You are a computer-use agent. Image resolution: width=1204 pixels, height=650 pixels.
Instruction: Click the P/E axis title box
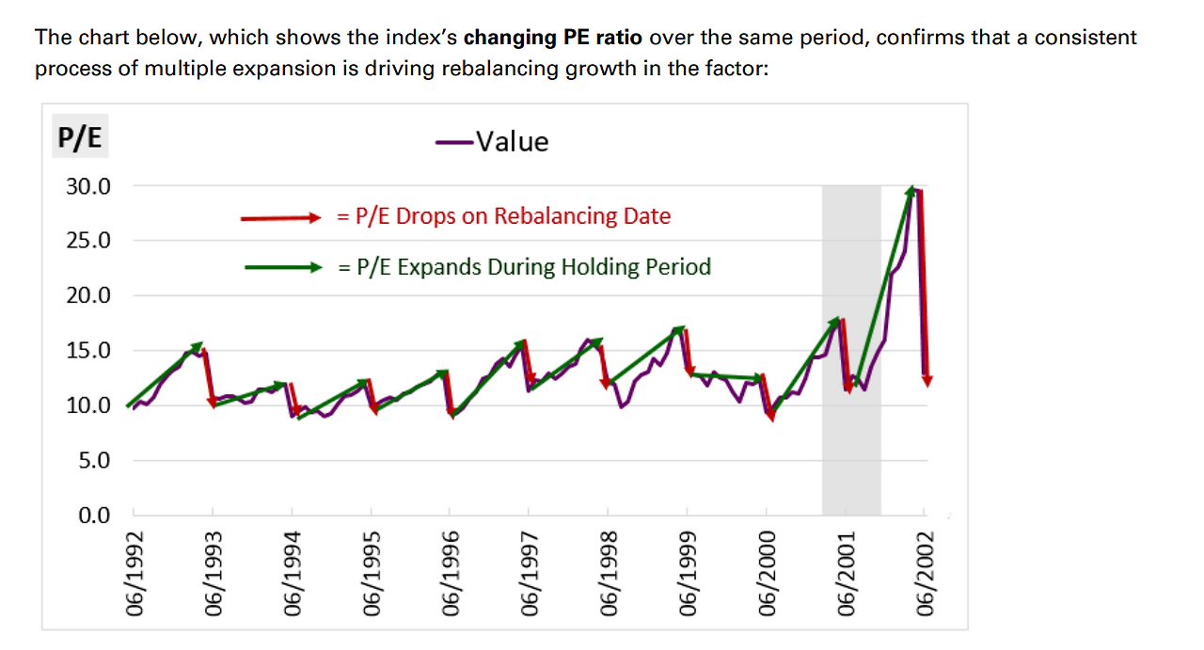80,139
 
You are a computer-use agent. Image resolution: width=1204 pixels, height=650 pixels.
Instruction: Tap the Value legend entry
493,141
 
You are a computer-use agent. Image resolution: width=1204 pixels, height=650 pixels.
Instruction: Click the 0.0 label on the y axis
95,515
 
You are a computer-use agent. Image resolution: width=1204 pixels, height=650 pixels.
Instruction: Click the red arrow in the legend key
281,217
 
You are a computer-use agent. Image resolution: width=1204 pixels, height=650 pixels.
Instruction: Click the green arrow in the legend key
281,268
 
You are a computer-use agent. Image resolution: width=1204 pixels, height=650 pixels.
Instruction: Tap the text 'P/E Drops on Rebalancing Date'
503,216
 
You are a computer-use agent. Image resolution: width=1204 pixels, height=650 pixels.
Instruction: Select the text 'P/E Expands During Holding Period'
524,267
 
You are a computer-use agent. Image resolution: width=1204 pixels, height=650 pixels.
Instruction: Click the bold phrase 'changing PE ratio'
553,39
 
